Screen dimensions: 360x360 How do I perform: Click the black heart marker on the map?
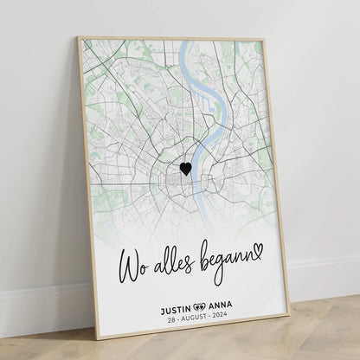(x=186, y=170)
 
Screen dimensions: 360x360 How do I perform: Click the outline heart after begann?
(x=258, y=250)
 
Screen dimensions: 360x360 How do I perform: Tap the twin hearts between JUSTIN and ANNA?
(x=200, y=305)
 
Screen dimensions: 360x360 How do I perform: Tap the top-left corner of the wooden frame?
(x=79, y=37)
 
